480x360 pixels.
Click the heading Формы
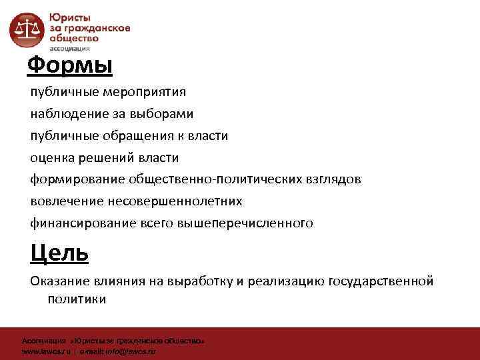pyautogui.click(x=70, y=66)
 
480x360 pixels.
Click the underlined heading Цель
pyautogui.click(x=59, y=253)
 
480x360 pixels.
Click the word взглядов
pyautogui.click(x=331, y=179)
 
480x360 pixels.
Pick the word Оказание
pyautogui.click(x=59, y=281)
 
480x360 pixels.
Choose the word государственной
pyautogui.click(x=381, y=281)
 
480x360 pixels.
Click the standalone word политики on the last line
pyautogui.click(x=76, y=300)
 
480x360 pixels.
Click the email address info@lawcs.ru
pyautogui.click(x=135, y=351)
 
